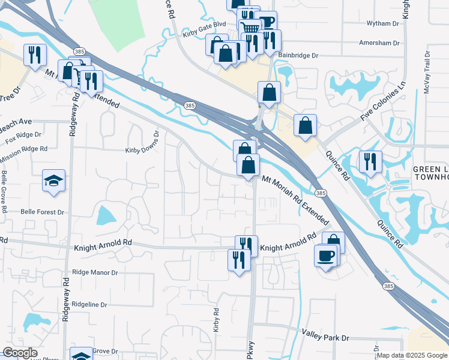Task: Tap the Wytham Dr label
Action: tap(382, 23)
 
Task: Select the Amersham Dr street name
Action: tap(379, 43)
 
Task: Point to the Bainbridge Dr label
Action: tap(297, 55)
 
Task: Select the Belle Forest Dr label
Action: tap(42, 212)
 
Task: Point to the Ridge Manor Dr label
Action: tap(95, 272)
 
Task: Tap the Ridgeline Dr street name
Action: tap(89, 305)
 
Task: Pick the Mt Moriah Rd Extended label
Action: tap(296, 199)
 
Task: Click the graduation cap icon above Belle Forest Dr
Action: tap(54, 180)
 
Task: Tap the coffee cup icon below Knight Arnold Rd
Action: tap(325, 256)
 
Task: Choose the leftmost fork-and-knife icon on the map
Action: tap(34, 55)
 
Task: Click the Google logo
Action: tap(20, 353)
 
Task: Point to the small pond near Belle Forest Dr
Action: tap(105, 215)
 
